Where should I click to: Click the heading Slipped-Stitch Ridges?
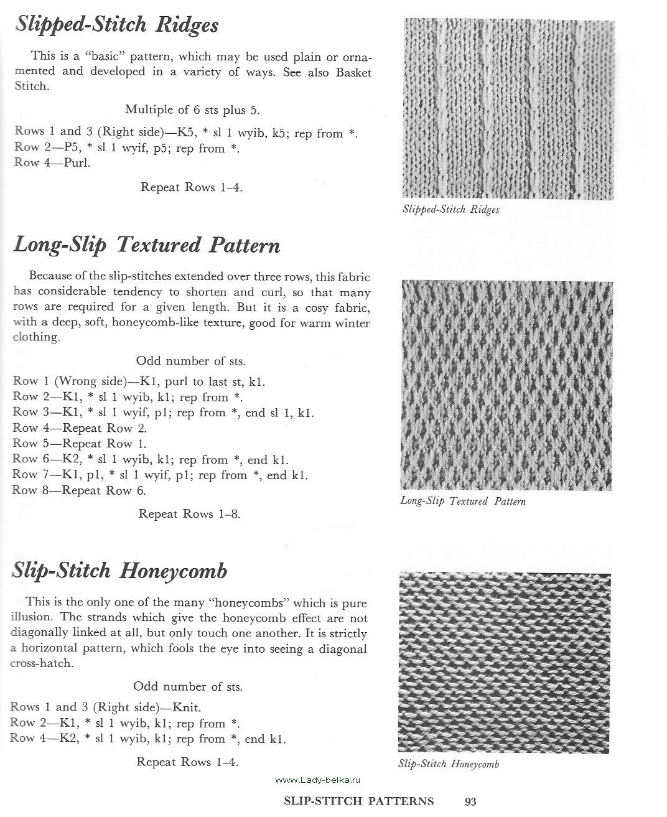117,25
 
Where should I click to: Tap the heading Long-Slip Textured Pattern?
147,245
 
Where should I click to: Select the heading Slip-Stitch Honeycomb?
120,571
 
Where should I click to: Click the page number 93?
470,801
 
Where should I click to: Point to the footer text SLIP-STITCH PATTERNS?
358,801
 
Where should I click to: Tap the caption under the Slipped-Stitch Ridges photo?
451,210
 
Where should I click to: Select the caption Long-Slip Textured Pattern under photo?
463,501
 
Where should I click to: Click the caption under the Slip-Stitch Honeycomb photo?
449,764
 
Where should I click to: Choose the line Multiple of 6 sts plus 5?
192,110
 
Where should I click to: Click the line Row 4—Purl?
52,163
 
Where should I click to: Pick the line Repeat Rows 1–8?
189,514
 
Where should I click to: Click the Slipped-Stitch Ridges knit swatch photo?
508,109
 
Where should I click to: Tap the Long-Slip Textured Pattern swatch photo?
506,385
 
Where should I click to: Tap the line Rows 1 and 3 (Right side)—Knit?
106,707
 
